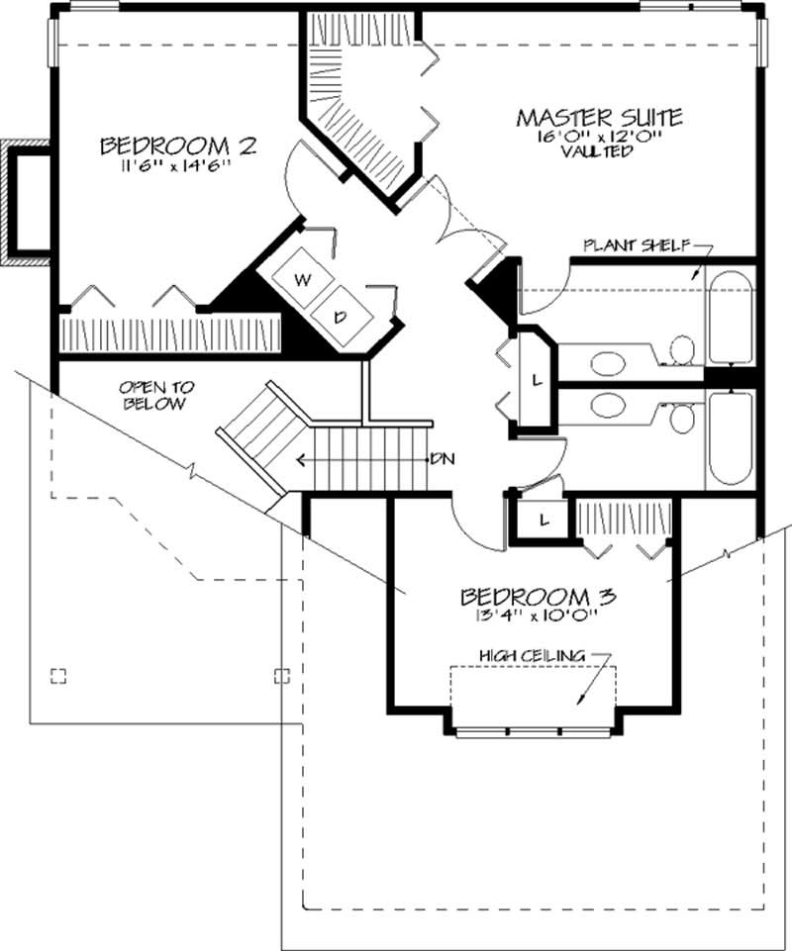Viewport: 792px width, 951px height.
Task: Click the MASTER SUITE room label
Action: (598, 117)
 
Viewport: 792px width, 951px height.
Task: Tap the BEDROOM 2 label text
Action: (178, 146)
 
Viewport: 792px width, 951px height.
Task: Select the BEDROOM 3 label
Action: (539, 597)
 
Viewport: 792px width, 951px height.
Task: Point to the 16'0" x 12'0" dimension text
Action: (597, 137)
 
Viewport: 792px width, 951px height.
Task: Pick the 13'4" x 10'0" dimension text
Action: (539, 615)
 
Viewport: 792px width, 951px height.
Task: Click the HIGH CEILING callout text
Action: (532, 654)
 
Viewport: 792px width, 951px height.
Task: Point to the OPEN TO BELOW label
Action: (157, 395)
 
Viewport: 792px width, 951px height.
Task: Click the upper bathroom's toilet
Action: (681, 348)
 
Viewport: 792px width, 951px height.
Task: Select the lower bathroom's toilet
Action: (681, 418)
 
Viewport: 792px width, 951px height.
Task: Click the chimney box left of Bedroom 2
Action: (28, 203)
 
